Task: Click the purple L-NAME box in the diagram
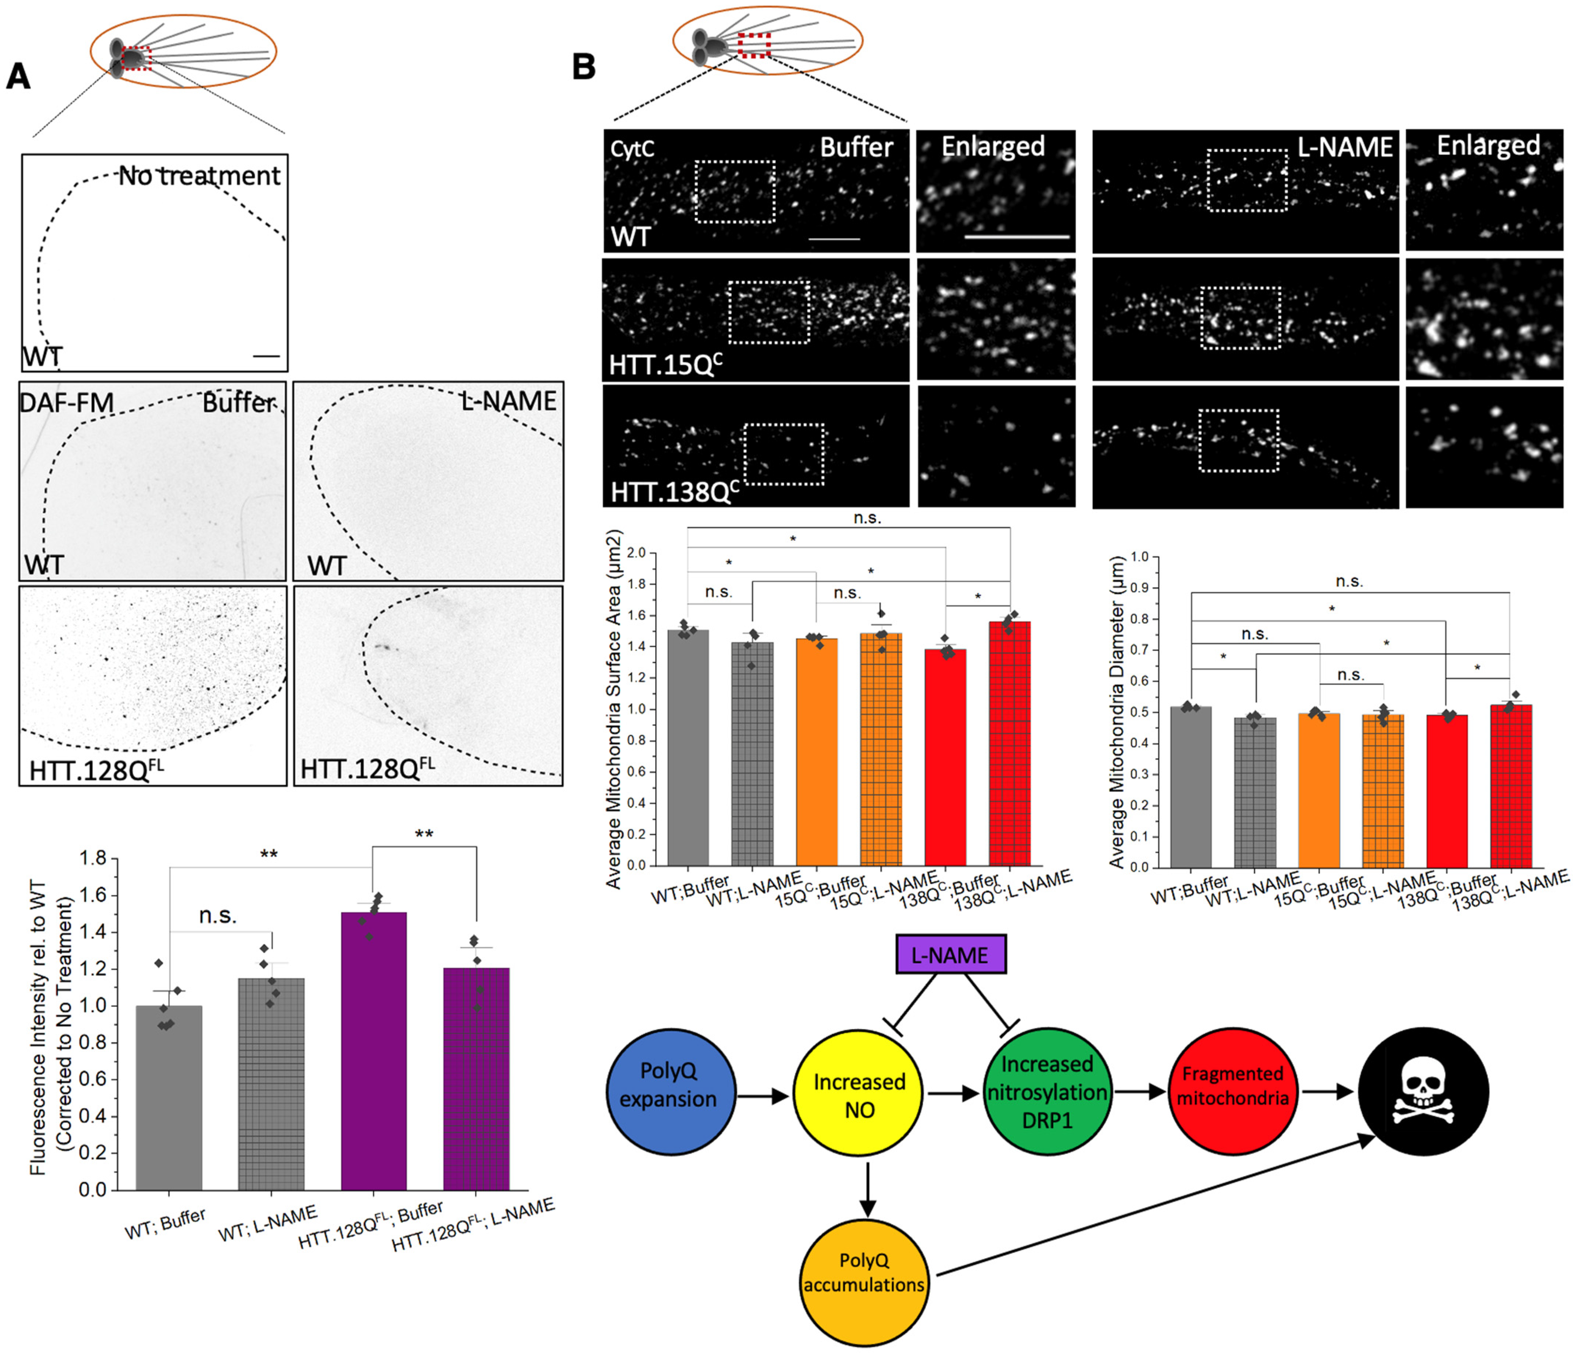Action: tap(950, 954)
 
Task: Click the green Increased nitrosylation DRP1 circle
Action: tap(1047, 1092)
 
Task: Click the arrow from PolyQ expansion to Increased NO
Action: tap(763, 1096)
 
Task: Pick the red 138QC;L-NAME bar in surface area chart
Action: tap(1010, 744)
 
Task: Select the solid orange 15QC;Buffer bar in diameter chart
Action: tap(1319, 790)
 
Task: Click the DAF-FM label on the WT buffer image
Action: tap(66, 402)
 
